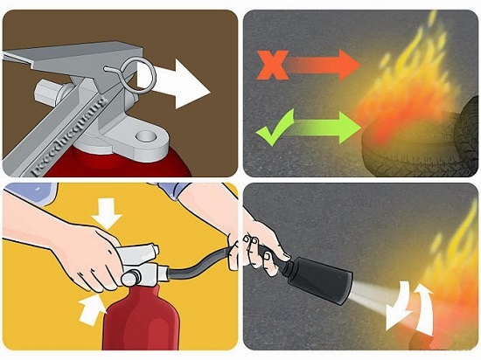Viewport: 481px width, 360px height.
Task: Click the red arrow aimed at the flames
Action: (x=329, y=63)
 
